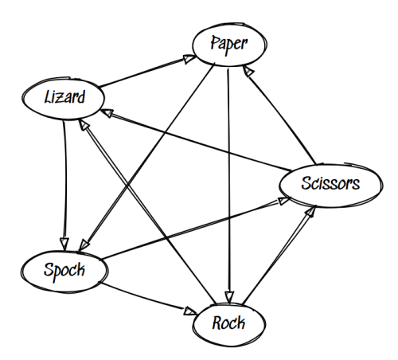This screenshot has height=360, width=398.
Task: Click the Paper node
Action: click(x=229, y=45)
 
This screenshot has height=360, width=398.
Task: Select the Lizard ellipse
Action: click(x=63, y=99)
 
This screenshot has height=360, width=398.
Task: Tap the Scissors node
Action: click(x=331, y=186)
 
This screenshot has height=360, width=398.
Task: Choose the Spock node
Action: click(x=64, y=272)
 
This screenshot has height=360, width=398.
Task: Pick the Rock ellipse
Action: click(x=229, y=324)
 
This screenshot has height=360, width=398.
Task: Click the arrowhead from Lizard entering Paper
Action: click(x=189, y=59)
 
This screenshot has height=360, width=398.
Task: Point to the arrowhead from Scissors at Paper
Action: click(x=248, y=71)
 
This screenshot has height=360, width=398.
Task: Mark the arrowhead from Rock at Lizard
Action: click(x=84, y=125)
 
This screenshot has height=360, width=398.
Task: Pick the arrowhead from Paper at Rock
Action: click(x=229, y=297)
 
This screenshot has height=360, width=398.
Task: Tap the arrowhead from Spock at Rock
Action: click(x=190, y=311)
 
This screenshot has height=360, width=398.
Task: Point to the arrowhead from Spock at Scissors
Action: click(x=284, y=201)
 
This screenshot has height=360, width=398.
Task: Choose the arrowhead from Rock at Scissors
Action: click(x=310, y=212)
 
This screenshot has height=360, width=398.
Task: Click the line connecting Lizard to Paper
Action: click(x=142, y=73)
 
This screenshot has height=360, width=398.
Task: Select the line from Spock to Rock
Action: click(x=149, y=299)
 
